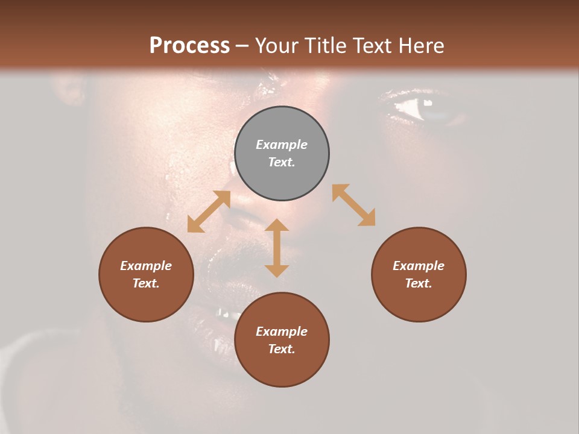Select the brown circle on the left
point(146,274)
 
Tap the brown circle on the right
point(419,274)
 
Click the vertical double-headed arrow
point(277,248)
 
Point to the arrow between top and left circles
point(209,212)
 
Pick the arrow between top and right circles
point(354,205)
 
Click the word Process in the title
point(189,45)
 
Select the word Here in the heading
point(422,45)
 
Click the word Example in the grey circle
point(282,145)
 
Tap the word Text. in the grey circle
point(282,162)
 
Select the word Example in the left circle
point(146,266)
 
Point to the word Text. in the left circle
point(146,283)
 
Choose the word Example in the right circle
point(419,266)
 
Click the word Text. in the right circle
point(419,283)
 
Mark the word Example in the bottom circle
point(282,332)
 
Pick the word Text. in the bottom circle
point(282,349)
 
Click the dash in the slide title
point(242,46)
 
